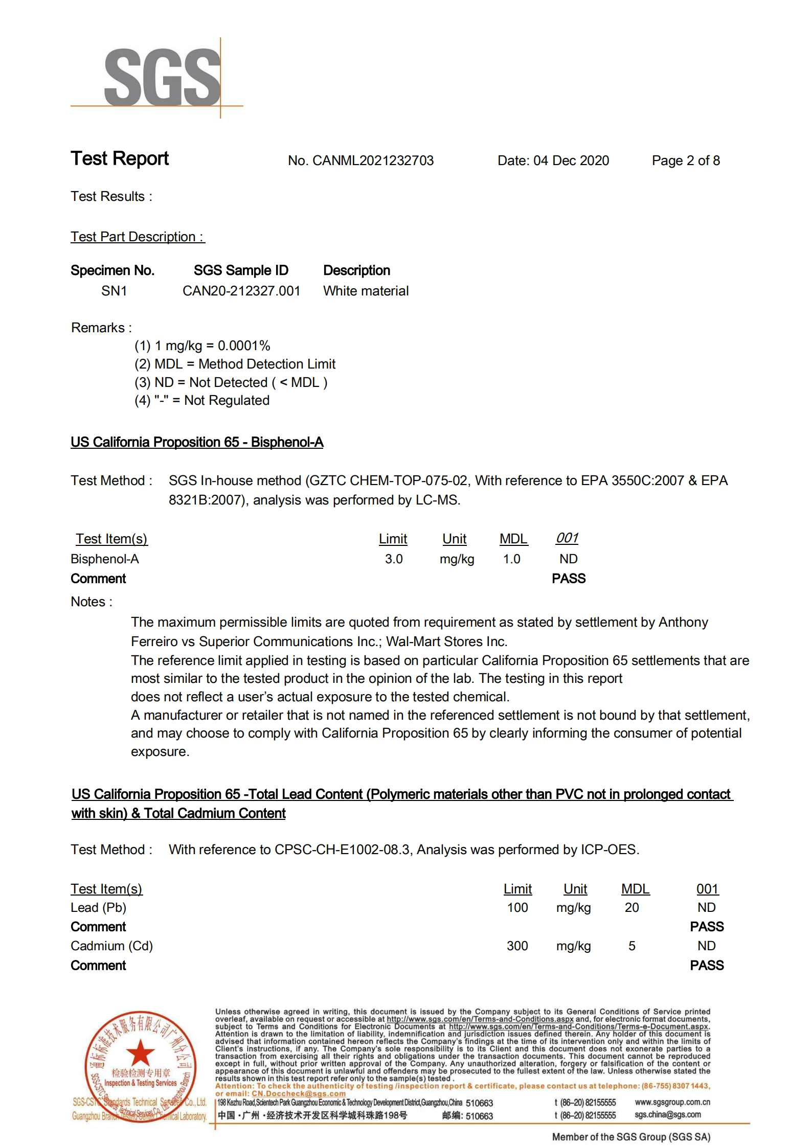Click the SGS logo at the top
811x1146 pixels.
coord(163,78)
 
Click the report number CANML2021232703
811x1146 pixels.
coord(373,161)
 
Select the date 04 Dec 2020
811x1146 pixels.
coord(571,161)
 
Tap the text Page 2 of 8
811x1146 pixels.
coord(685,161)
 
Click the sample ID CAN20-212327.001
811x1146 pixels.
coord(241,291)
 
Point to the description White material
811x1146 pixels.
coord(366,291)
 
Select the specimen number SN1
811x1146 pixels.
coord(114,291)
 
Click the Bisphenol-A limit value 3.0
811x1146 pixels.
coord(394,559)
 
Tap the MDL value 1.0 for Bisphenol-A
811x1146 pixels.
coord(511,559)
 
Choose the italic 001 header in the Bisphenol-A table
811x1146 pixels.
coord(567,538)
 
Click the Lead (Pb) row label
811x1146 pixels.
coord(99,907)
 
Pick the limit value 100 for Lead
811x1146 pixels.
coord(517,907)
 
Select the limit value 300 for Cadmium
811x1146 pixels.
coord(517,946)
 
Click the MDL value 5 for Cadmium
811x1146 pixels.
coord(632,946)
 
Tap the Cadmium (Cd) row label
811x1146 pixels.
coord(112,946)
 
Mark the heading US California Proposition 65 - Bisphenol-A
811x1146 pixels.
coord(197,442)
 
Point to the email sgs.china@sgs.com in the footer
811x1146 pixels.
coord(668,1115)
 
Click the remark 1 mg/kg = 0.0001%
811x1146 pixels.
coord(202,346)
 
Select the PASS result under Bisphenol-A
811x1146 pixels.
coord(569,578)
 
